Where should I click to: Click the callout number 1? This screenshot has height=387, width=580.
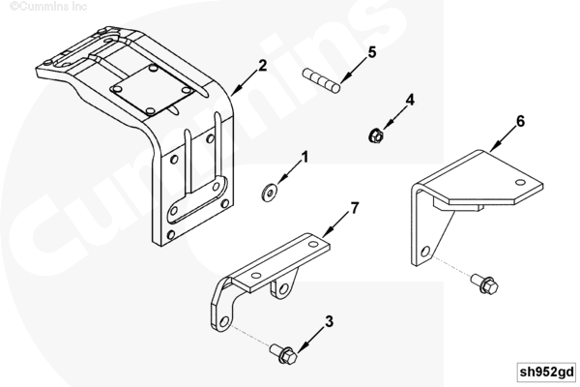tap(304, 157)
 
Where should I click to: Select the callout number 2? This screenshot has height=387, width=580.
tap(262, 66)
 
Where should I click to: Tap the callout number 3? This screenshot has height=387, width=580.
tap(329, 321)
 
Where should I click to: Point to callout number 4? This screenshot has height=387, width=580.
tap(410, 100)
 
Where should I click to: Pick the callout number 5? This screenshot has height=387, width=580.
tap(372, 52)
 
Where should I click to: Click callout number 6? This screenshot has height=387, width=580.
tap(520, 121)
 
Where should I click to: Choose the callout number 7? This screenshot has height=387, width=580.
tap(355, 208)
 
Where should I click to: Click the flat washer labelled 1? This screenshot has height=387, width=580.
tap(270, 193)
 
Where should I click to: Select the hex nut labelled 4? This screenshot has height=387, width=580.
tap(376, 135)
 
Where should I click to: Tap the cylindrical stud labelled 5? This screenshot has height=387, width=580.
tap(322, 80)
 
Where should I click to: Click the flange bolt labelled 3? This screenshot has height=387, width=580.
tap(283, 354)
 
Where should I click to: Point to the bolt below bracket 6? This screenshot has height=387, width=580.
tap(484, 284)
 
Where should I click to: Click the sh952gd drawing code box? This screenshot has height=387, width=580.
tap(547, 372)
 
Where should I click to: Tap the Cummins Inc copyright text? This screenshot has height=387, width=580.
tap(48, 7)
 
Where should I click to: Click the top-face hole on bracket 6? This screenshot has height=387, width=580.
tap(520, 182)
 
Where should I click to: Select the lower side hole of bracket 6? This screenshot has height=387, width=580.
tap(425, 252)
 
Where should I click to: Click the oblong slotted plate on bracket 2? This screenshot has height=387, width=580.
tap(197, 200)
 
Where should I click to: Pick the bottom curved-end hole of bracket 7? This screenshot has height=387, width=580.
tap(224, 321)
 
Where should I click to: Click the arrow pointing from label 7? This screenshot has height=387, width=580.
tap(335, 225)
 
